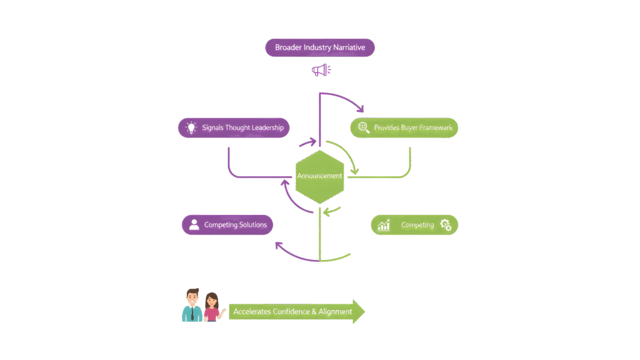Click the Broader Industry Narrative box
(x=319, y=48)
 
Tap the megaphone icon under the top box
(x=321, y=71)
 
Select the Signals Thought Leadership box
(x=234, y=128)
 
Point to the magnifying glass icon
(x=362, y=128)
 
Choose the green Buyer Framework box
(x=404, y=128)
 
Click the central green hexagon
(x=319, y=177)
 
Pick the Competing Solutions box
(x=227, y=225)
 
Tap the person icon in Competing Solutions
(x=194, y=225)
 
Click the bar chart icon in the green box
(x=384, y=225)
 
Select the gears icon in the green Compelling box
(x=446, y=225)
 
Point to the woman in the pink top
(x=212, y=307)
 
